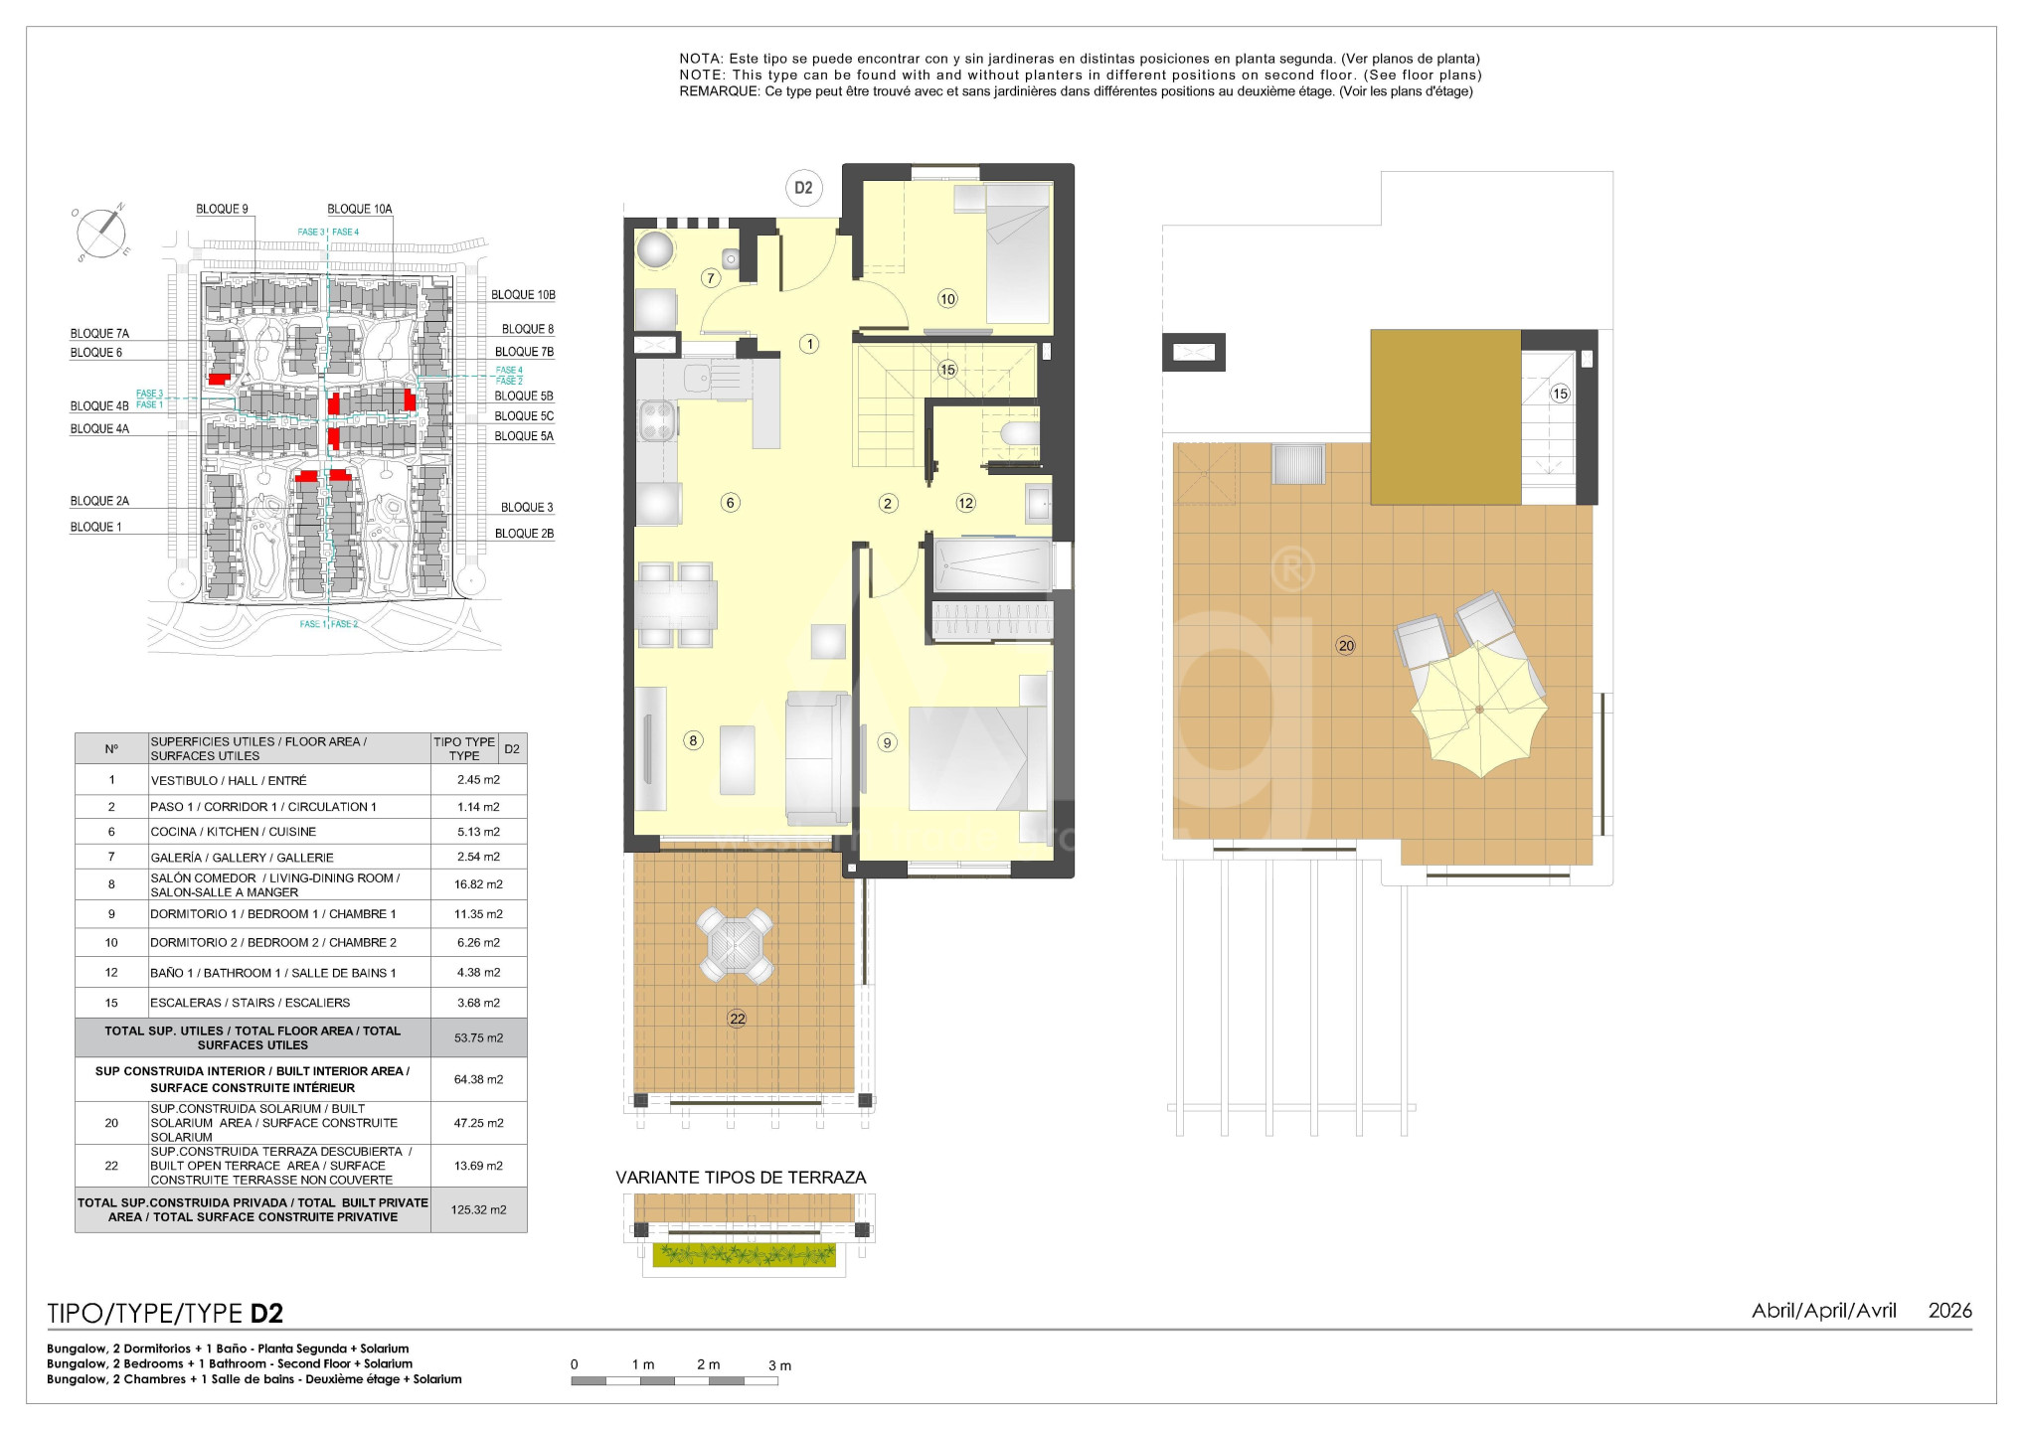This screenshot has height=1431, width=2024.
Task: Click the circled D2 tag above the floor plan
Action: click(803, 188)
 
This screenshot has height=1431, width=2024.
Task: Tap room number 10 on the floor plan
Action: click(947, 298)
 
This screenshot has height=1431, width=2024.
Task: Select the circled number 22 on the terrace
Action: click(737, 1019)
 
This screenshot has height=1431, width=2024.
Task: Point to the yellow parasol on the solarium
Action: click(1479, 710)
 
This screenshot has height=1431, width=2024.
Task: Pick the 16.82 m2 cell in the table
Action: click(478, 884)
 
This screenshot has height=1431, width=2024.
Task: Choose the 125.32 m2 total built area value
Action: click(478, 1209)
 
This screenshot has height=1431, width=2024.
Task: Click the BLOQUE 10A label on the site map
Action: click(360, 209)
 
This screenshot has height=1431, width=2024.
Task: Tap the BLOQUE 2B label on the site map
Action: click(524, 534)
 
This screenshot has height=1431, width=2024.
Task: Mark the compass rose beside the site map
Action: click(101, 233)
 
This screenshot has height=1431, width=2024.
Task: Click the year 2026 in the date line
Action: click(1949, 1311)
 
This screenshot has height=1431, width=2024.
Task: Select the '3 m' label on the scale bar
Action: click(779, 1365)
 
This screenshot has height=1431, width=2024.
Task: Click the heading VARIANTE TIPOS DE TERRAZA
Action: click(741, 1178)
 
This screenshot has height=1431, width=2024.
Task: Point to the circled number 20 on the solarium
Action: click(1346, 646)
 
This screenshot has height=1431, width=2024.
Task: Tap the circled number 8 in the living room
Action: click(693, 739)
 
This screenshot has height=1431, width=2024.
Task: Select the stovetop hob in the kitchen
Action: click(656, 419)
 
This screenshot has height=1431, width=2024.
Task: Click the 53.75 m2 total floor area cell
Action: click(478, 1037)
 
